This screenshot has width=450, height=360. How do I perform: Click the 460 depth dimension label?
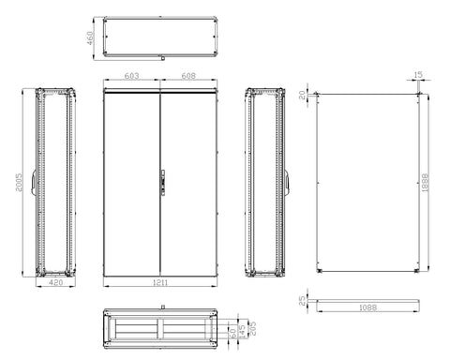coord(90,38)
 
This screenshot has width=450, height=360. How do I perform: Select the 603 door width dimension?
coord(131,76)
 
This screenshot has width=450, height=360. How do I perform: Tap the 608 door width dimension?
coord(188,76)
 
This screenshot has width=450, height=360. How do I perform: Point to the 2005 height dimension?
coord(19,183)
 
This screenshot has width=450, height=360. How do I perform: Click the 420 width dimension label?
coord(56,282)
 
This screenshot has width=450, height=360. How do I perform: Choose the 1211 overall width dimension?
coord(160,283)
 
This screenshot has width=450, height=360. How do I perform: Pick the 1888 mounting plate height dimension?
coord(425,183)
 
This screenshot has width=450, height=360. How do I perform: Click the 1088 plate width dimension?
coord(367,307)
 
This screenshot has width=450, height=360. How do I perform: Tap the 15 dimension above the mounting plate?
coord(418,75)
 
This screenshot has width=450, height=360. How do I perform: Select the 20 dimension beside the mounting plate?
coord(302,95)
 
